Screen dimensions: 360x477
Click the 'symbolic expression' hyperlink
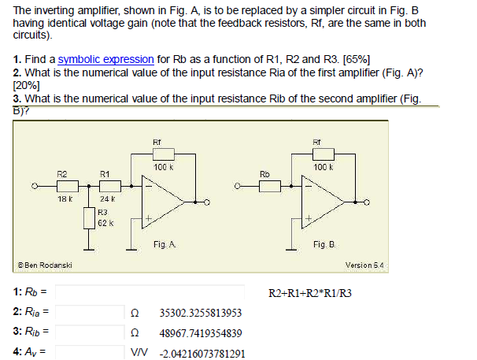coord(105,59)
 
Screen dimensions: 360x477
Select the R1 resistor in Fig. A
coord(109,186)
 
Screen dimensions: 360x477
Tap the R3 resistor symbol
coord(91,217)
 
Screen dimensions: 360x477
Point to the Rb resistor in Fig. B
coord(270,186)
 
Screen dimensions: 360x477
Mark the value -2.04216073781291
coord(202,354)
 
